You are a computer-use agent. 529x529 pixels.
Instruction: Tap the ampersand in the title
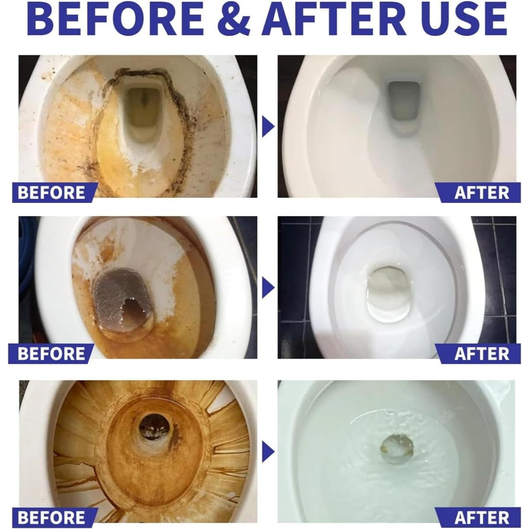tap(234, 19)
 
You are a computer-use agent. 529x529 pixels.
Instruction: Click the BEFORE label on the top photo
tap(51, 193)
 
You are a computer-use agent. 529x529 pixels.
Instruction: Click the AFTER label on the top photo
tap(482, 193)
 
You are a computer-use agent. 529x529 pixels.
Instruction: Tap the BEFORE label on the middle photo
tap(51, 354)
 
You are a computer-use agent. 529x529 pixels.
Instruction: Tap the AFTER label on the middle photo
tap(482, 354)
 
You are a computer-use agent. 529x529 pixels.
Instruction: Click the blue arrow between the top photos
tap(268, 127)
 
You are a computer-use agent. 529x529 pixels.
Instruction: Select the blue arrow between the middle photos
tap(268, 288)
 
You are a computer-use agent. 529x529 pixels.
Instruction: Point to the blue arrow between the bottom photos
tap(268, 451)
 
